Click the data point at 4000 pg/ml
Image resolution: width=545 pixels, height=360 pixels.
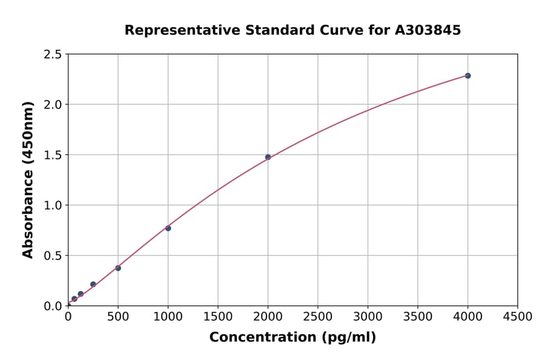pyautogui.click(x=467, y=76)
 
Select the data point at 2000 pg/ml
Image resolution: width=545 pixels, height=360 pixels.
pyautogui.click(x=268, y=157)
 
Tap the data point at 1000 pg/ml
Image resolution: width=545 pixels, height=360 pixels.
pyautogui.click(x=168, y=228)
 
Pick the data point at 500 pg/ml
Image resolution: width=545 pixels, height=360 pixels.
pyautogui.click(x=118, y=268)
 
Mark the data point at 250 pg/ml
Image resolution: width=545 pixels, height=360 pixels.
pyautogui.click(x=93, y=284)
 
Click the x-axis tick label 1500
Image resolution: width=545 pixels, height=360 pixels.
pyautogui.click(x=218, y=316)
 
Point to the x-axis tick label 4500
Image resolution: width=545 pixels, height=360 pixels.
pyautogui.click(x=517, y=316)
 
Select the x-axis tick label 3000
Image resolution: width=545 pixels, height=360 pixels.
pyautogui.click(x=368, y=316)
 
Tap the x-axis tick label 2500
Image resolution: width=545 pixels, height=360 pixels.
pyautogui.click(x=318, y=316)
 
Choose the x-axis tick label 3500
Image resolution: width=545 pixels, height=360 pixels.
pyautogui.click(x=418, y=316)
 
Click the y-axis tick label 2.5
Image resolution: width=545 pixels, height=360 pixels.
pyautogui.click(x=53, y=55)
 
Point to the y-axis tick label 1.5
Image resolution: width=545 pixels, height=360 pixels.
pyautogui.click(x=53, y=155)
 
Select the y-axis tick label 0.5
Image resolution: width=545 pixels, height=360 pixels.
pyautogui.click(x=53, y=256)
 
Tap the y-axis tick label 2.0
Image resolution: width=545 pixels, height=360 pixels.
pyautogui.click(x=53, y=105)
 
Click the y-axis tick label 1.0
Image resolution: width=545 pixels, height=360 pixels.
pyautogui.click(x=53, y=205)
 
